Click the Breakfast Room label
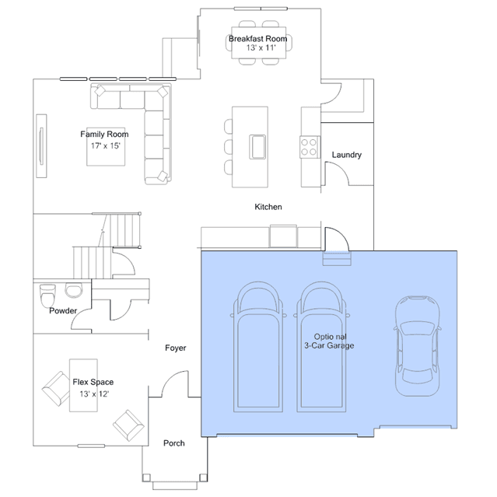257,39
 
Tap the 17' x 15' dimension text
106,145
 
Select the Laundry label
346,155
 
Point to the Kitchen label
268,207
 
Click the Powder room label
63,310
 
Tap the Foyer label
175,348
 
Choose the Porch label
174,443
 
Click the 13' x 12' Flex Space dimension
94,394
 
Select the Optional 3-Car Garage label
329,341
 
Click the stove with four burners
310,147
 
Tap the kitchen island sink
257,147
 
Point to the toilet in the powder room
47,296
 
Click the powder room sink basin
74,291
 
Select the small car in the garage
417,346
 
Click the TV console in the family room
41,145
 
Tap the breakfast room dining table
259,43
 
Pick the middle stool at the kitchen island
228,147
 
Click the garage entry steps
337,258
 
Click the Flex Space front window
91,446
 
